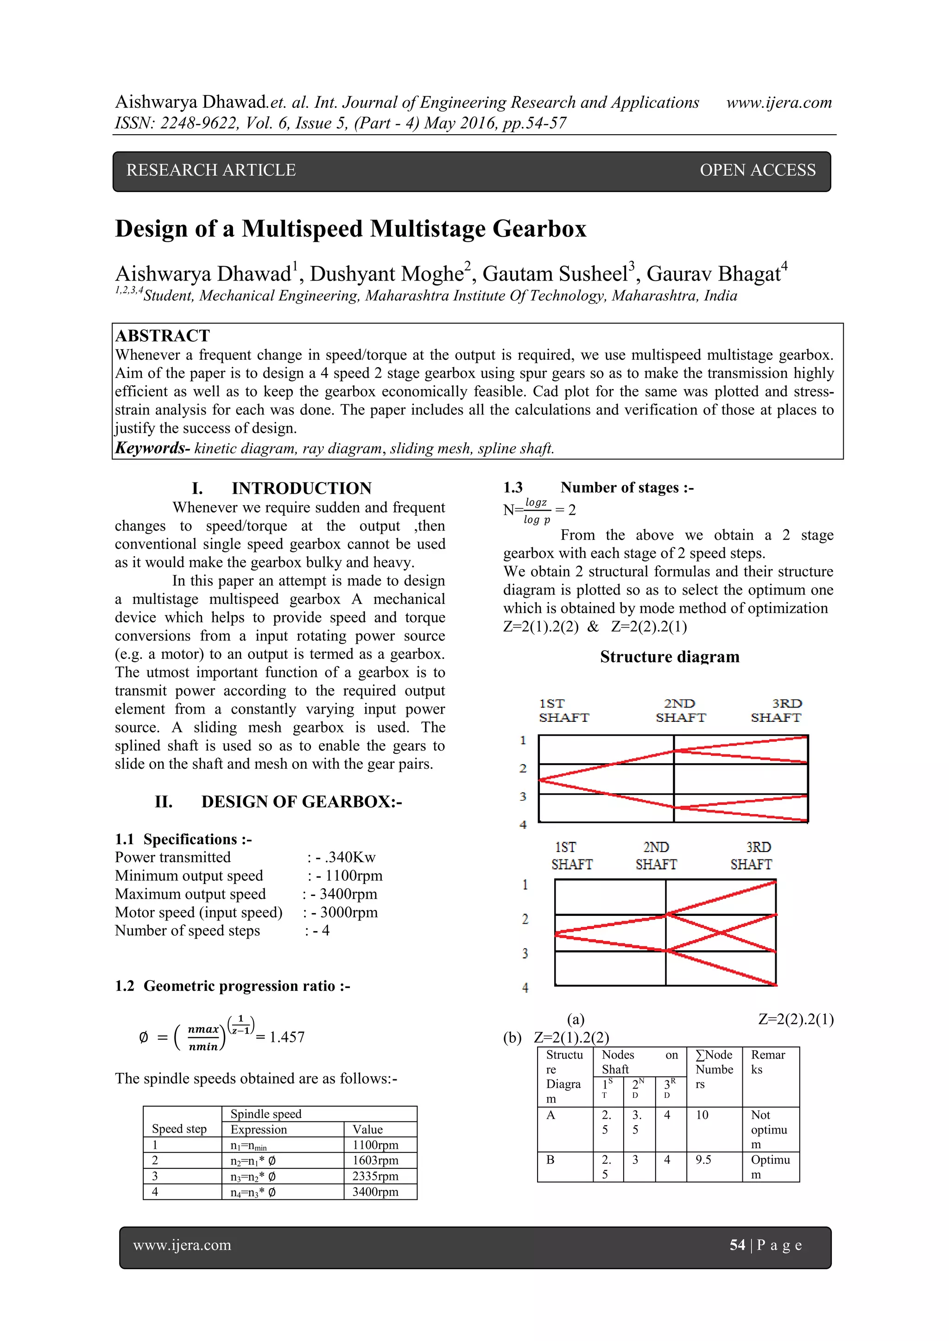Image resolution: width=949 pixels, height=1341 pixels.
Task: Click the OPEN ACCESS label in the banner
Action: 757,170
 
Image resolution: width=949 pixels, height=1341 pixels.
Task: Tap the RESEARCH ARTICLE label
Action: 211,170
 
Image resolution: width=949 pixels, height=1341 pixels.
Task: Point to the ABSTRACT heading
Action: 163,336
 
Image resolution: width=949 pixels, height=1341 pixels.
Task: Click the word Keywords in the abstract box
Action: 150,448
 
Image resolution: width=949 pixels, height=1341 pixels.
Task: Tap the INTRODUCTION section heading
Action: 302,488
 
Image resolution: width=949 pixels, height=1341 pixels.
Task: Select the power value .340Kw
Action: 350,858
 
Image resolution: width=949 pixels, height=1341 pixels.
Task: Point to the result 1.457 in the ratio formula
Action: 286,1037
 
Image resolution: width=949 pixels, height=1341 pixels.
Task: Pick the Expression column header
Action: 258,1129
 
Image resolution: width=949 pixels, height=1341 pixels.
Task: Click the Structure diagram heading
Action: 670,657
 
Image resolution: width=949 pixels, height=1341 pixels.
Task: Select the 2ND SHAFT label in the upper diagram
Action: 680,710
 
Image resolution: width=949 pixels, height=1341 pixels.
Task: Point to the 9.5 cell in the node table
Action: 703,1160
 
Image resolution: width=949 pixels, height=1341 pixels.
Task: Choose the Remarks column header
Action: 768,1062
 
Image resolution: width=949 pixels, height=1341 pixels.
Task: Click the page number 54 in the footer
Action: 737,1246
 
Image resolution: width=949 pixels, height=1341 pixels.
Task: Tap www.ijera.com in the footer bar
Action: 182,1246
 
